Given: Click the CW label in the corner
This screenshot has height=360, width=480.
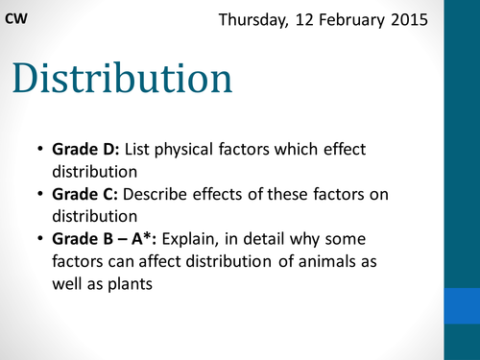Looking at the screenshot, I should [16, 18].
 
